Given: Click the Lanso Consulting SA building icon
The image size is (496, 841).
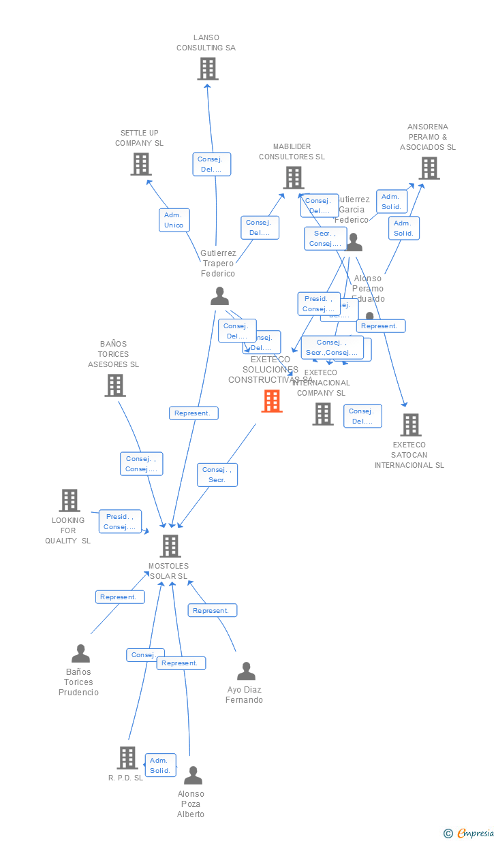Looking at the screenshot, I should (x=208, y=69).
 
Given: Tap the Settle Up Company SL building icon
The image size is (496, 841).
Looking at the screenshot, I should (x=141, y=164).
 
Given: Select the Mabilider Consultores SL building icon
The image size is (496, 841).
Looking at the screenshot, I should (x=294, y=178).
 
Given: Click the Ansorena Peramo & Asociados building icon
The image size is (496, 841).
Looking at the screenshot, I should (x=429, y=168).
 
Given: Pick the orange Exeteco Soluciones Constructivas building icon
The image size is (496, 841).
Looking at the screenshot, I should (x=272, y=401).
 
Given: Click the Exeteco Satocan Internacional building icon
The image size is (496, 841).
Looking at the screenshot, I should (x=410, y=425).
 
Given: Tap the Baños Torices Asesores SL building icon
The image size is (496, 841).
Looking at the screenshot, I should (x=115, y=385).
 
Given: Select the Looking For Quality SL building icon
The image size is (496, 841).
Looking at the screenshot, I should (x=69, y=501).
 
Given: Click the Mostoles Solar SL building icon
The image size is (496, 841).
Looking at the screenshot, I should (x=170, y=546).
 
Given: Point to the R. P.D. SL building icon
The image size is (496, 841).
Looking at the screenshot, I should (x=127, y=758).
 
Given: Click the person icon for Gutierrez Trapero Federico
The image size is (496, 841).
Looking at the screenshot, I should (x=219, y=296).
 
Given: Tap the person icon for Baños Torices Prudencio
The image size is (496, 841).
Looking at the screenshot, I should (x=80, y=654).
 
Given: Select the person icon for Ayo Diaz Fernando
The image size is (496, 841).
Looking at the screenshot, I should (x=246, y=671).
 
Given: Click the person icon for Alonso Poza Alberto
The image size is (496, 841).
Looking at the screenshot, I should (x=193, y=776).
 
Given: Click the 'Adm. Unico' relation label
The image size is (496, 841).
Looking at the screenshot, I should (x=174, y=220).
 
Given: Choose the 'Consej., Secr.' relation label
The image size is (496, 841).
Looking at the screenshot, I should (x=217, y=475).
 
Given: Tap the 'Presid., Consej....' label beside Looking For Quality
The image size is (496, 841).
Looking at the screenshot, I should (x=120, y=522).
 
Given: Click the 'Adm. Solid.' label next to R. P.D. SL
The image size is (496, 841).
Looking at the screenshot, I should (x=160, y=765).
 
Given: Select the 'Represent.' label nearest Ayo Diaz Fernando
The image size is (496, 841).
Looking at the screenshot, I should (x=211, y=611).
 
